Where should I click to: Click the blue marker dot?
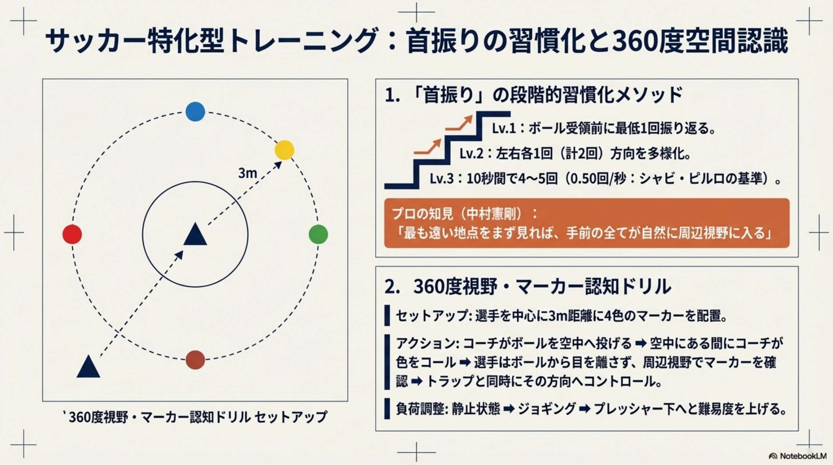tap(195, 112)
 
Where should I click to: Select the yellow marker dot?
tap(284, 150)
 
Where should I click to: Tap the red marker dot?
tap(72, 234)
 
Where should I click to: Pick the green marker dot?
tap(318, 234)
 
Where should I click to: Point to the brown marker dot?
tap(195, 360)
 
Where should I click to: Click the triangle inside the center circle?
tap(195, 234)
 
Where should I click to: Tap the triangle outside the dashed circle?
tap(88, 366)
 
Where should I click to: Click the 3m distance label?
tap(248, 173)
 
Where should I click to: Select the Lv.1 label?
tap(504, 129)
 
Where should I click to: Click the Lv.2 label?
tap(472, 154)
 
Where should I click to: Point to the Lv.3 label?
tap(442, 179)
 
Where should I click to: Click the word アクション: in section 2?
tap(428, 343)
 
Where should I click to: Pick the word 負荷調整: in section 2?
tap(420, 409)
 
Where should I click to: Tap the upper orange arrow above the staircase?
tap(458, 123)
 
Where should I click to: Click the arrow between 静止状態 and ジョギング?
tap(509, 409)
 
